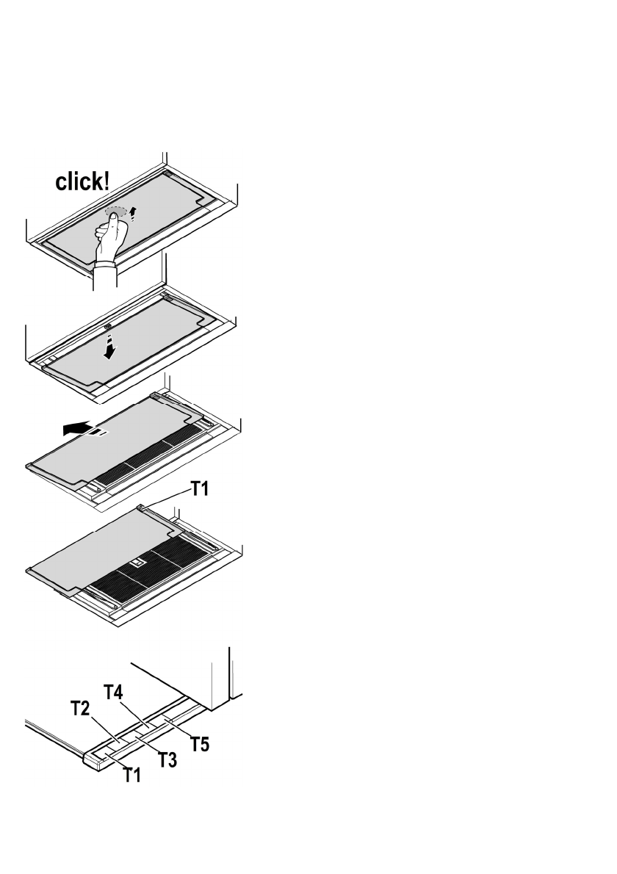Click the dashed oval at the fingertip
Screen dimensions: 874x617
[116, 212]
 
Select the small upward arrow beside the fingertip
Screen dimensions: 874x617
[133, 213]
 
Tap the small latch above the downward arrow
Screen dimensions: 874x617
[108, 326]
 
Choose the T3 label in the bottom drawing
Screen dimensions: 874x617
[167, 760]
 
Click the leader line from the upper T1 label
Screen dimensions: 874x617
[167, 499]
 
